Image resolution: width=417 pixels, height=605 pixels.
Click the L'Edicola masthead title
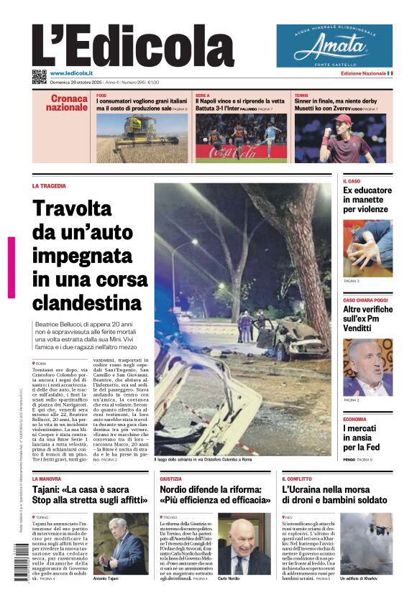tap(133, 45)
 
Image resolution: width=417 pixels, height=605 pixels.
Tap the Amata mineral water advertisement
tap(334, 46)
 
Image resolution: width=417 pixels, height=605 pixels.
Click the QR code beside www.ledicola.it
tap(39, 75)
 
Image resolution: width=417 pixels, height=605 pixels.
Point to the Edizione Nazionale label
tap(363, 73)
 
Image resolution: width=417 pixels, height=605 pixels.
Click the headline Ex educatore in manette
tap(367, 200)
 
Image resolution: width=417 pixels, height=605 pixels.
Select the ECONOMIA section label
tap(354, 419)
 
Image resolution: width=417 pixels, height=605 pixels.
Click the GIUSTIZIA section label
tap(170, 479)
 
